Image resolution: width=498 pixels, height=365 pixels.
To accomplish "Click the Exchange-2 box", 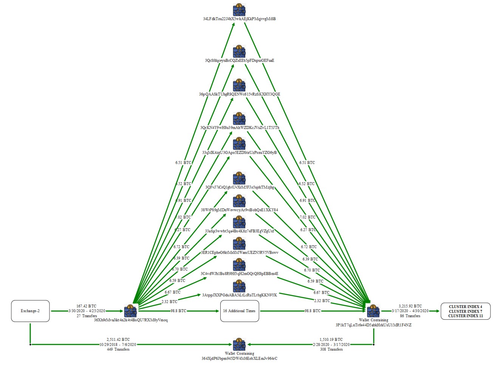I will pyautogui.click(x=30, y=311).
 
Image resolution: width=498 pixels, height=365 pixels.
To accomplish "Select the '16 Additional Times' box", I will pyautogui.click(x=240, y=311).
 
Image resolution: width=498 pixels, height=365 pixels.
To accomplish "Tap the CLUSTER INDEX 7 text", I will pyautogui.click(x=465, y=311).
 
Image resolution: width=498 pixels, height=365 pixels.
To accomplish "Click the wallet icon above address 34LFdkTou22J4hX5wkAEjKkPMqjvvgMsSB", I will pyautogui.click(x=239, y=10).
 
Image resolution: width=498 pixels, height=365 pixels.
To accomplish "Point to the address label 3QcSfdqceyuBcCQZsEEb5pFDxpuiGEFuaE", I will pyautogui.click(x=240, y=60).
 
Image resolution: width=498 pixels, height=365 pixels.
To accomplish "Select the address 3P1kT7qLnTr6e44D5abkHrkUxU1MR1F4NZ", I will pyautogui.click(x=373, y=325).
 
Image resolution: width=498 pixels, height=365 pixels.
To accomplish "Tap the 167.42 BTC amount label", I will pyautogui.click(x=86, y=306).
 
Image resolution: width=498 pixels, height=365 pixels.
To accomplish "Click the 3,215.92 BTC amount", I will pyautogui.click(x=410, y=306).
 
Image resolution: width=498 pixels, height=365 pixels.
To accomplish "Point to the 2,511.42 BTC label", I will pyautogui.click(x=118, y=340).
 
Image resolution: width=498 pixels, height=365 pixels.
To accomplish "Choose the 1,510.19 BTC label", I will pyautogui.click(x=331, y=340).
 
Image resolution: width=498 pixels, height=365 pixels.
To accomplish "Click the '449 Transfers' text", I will pyautogui.click(x=118, y=350).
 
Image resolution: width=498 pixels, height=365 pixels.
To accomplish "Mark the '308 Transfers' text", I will pyautogui.click(x=331, y=350).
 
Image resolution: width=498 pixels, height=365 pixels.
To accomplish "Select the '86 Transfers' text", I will pyautogui.click(x=410, y=316).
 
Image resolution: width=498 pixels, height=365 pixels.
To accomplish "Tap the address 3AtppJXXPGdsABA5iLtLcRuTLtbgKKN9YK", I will pyautogui.click(x=240, y=295).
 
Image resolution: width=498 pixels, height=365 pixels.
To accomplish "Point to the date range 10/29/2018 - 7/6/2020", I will pyautogui.click(x=118, y=345).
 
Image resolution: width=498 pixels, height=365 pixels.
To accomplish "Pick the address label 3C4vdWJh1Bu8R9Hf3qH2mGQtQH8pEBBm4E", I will pyautogui.click(x=240, y=274).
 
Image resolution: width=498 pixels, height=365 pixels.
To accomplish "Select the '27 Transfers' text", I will pyautogui.click(x=86, y=316).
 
